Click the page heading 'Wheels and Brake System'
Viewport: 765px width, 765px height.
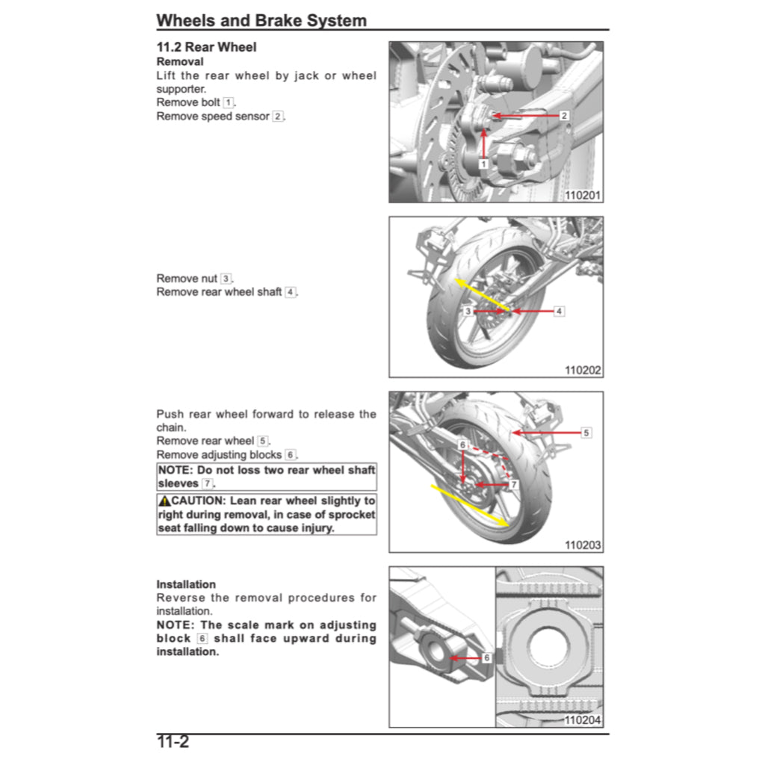tap(261, 20)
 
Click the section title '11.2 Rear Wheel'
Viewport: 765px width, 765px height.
tap(206, 47)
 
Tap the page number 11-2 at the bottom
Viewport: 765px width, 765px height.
tap(173, 742)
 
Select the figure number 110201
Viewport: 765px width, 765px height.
tap(583, 196)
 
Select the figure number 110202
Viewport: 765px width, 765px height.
tap(583, 370)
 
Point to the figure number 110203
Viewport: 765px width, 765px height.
tap(583, 545)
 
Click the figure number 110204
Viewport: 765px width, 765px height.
tap(583, 720)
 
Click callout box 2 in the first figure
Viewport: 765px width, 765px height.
tap(564, 116)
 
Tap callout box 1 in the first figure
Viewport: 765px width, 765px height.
tap(483, 164)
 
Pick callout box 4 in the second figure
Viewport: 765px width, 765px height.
tap(559, 311)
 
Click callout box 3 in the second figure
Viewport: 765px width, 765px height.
tap(468, 311)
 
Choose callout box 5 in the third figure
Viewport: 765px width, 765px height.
tap(586, 433)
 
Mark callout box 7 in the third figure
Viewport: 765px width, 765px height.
tap(513, 485)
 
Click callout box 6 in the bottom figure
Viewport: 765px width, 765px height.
tap(486, 658)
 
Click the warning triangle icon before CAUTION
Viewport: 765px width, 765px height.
tap(164, 501)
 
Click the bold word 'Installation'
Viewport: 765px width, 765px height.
tap(186, 584)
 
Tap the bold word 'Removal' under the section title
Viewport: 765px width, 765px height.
tap(179, 61)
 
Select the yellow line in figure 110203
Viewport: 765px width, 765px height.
tap(471, 507)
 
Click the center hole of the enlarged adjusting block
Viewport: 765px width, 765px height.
tap(549, 644)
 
